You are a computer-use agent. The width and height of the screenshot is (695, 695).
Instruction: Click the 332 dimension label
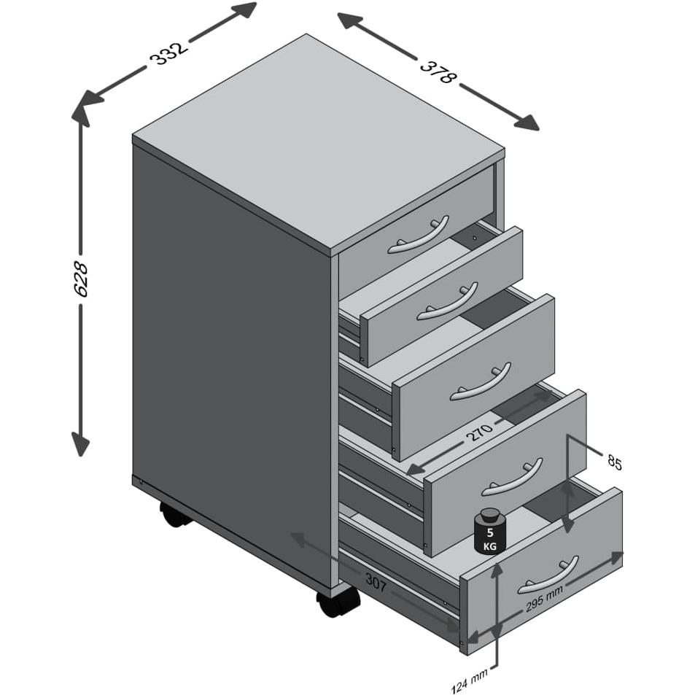[x=169, y=54]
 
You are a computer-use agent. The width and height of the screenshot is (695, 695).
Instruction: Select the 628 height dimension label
[x=81, y=279]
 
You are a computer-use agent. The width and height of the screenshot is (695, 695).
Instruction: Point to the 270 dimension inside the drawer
[x=479, y=432]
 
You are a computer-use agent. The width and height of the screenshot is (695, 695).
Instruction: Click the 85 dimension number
[x=615, y=463]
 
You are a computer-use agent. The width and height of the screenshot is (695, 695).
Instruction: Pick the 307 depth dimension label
[x=376, y=582]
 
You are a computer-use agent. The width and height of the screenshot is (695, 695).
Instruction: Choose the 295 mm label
[x=544, y=599]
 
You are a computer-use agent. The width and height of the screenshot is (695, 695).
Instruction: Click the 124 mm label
[x=470, y=680]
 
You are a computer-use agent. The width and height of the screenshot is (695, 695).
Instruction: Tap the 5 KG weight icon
[x=489, y=531]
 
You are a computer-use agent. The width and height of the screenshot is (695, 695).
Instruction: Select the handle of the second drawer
[x=447, y=301]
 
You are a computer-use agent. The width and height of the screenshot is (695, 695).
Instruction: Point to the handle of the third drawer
[x=481, y=382]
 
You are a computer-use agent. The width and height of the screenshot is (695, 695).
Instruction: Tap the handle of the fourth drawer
[x=512, y=478]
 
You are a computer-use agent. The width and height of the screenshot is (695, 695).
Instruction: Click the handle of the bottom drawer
[x=548, y=575]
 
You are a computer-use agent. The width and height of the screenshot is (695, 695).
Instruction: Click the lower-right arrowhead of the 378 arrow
[x=527, y=122]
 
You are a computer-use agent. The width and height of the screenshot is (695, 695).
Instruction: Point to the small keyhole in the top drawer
[x=475, y=238]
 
